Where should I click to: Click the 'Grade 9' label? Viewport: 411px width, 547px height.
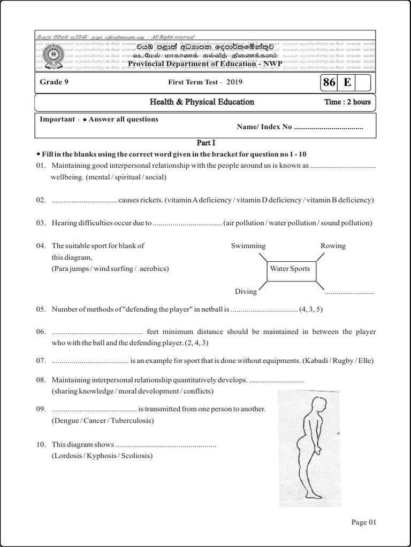click(54, 82)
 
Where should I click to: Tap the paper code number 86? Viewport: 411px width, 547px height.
click(329, 82)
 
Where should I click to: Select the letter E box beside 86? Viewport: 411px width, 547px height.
click(347, 82)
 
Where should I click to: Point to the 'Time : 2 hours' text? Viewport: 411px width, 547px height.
click(347, 102)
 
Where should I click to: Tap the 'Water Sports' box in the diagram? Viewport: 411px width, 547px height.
click(290, 269)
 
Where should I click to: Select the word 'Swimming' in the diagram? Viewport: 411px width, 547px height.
click(248, 246)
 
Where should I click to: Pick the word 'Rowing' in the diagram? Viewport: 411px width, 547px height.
click(333, 246)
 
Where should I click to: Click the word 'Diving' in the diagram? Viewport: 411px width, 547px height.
click(246, 292)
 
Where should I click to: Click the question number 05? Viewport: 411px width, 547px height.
click(42, 309)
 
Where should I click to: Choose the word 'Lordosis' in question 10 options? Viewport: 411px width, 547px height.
click(67, 456)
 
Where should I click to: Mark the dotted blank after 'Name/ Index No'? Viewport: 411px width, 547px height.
click(329, 127)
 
